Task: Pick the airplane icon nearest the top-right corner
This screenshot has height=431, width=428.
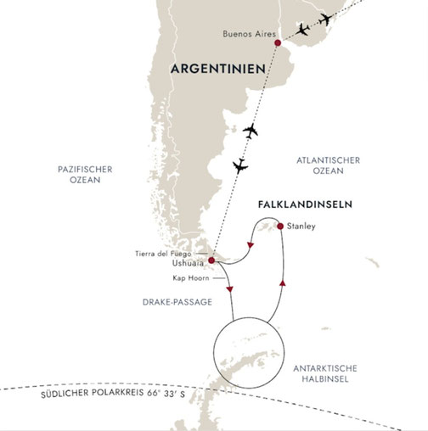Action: [326, 19]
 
